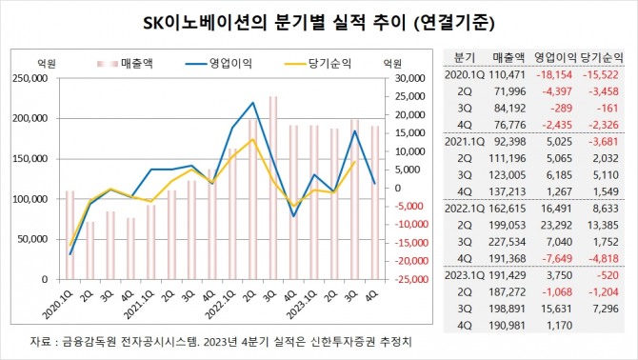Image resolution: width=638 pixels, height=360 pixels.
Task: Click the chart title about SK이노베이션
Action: pos(319,20)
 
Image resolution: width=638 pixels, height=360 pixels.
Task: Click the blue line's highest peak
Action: pos(252,103)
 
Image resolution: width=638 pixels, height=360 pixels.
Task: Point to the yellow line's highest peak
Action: pos(252,140)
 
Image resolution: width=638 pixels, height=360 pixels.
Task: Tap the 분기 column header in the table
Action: pos(465,57)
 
